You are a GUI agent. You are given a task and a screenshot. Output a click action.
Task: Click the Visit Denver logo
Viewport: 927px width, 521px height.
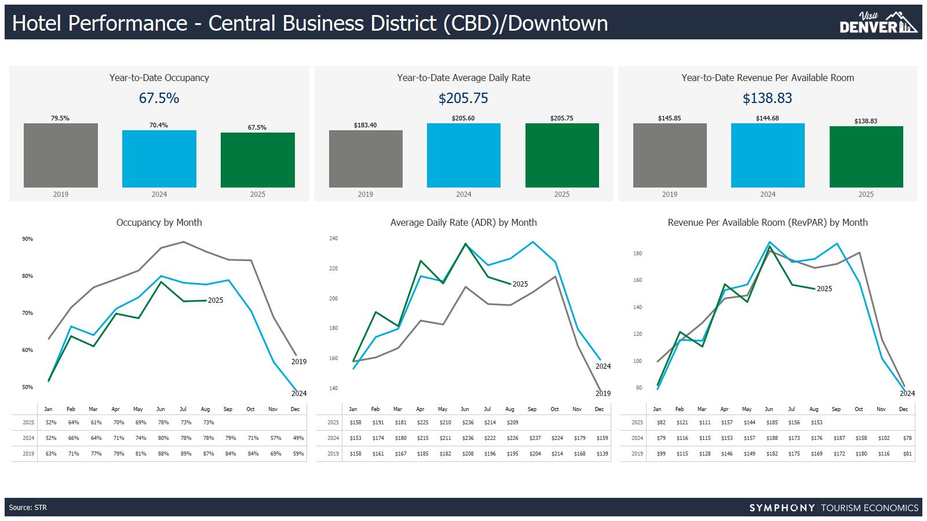pos(878,23)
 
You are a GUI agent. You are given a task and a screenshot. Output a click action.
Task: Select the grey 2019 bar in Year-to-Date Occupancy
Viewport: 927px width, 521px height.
pos(61,155)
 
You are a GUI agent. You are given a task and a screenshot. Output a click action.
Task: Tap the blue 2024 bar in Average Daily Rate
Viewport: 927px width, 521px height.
pos(463,155)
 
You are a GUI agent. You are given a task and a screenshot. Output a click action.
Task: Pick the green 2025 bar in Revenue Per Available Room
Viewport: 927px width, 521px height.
pos(866,156)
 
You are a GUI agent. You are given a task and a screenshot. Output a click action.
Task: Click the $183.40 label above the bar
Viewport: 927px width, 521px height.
pos(365,125)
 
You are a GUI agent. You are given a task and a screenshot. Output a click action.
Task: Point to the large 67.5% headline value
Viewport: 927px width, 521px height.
pos(159,98)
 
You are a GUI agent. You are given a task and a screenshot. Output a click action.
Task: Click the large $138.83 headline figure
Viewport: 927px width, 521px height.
pos(767,98)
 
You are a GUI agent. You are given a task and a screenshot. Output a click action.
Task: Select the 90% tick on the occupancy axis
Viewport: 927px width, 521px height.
pos(27,239)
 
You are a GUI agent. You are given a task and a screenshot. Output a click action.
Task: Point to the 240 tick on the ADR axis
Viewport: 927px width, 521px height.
pos(333,239)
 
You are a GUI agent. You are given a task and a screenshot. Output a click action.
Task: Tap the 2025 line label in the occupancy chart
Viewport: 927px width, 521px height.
pos(216,300)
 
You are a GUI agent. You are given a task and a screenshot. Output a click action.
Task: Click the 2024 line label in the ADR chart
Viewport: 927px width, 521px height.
pos(603,366)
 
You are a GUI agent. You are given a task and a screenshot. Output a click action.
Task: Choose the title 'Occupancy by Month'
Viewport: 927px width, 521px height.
pos(159,222)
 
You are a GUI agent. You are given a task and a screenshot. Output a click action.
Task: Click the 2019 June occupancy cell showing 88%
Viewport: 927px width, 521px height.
pos(163,454)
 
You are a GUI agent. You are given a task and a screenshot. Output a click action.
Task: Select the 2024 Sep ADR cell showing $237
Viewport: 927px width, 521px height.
pos(535,438)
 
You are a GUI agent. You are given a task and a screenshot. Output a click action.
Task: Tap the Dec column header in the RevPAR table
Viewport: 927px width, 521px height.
pos(903,409)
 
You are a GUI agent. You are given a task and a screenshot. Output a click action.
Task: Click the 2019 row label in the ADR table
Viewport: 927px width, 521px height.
pos(333,454)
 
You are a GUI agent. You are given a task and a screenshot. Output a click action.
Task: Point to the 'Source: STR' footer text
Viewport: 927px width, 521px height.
pos(28,508)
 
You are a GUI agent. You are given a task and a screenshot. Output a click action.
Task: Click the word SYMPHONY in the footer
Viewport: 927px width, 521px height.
pos(782,508)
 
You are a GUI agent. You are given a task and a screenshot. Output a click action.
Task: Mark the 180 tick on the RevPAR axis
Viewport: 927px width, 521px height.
pos(637,254)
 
